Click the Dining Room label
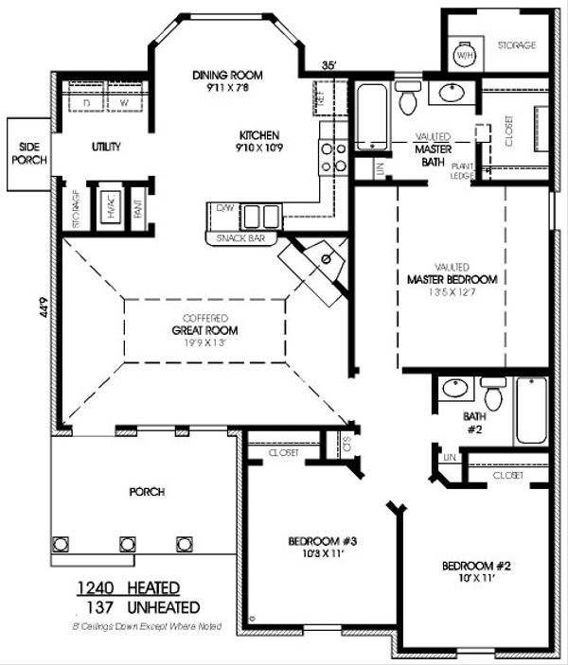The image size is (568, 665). (226, 76)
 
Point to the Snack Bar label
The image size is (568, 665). (241, 238)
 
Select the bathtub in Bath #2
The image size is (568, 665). (530, 411)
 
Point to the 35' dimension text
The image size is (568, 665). (328, 65)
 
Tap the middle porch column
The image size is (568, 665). (125, 545)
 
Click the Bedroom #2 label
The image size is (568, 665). (476, 567)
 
